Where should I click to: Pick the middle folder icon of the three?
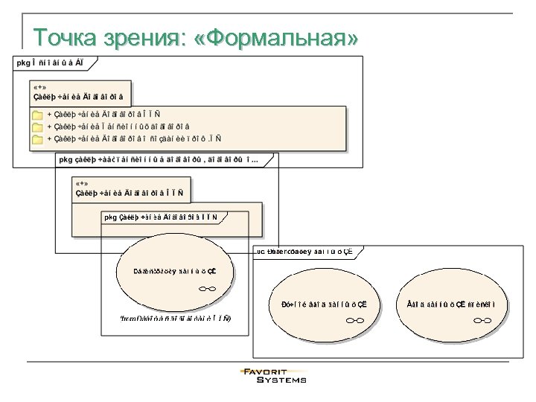(x=37, y=127)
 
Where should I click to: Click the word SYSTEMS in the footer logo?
(x=281, y=380)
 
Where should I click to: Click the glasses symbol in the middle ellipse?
(x=354, y=320)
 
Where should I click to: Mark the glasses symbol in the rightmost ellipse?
(x=482, y=320)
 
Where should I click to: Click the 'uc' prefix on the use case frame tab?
(x=261, y=251)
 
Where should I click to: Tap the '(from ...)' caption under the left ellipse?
(x=175, y=319)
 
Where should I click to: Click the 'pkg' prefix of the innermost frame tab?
(x=111, y=217)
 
